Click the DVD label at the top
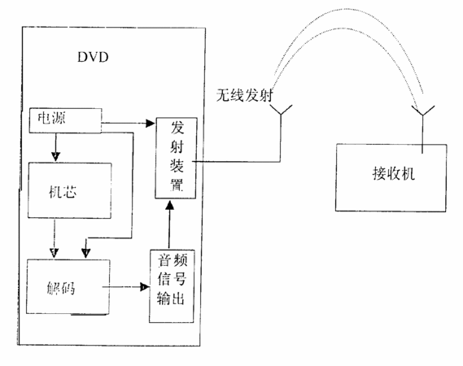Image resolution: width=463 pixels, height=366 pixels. click(93, 57)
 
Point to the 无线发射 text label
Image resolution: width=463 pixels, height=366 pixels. click(244, 95)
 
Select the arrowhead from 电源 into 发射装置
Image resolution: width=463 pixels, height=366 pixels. click(151, 123)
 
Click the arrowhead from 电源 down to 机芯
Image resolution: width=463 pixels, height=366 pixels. click(55, 156)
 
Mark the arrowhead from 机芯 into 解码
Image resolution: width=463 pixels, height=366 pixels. click(54, 253)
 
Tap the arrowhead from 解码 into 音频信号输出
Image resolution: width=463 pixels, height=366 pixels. click(145, 286)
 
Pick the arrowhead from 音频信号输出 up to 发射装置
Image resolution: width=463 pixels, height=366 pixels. click(169, 205)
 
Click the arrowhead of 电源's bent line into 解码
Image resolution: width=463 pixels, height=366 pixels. click(85, 253)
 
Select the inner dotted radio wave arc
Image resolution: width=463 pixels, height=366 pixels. click(346, 28)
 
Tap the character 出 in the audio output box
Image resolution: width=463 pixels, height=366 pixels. click(178, 298)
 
